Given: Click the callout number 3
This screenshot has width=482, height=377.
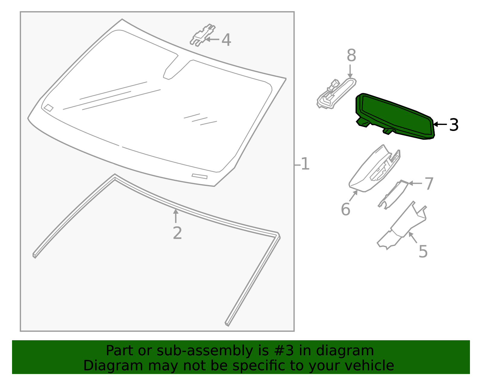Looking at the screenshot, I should (x=454, y=125).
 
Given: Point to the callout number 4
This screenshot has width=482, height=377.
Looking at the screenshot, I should (x=226, y=40).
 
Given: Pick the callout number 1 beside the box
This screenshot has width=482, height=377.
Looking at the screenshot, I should (x=305, y=164).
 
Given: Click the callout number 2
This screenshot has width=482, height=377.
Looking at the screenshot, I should (x=177, y=233).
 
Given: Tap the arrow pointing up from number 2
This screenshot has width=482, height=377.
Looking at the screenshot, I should (x=176, y=216).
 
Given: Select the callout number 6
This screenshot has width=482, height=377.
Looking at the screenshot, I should (x=345, y=209).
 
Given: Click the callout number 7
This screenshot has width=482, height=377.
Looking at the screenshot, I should (x=429, y=184).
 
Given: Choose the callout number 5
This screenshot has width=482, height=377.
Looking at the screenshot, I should (x=423, y=251).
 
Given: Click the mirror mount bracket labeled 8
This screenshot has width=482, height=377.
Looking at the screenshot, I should (x=336, y=94).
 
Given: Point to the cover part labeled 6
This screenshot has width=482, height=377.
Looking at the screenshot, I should (x=372, y=171).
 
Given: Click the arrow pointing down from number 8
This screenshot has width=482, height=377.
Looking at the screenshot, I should (x=350, y=71).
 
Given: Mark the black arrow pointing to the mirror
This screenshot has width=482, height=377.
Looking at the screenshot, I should (x=440, y=124).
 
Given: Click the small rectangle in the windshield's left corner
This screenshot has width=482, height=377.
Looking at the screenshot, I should (x=49, y=108).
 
